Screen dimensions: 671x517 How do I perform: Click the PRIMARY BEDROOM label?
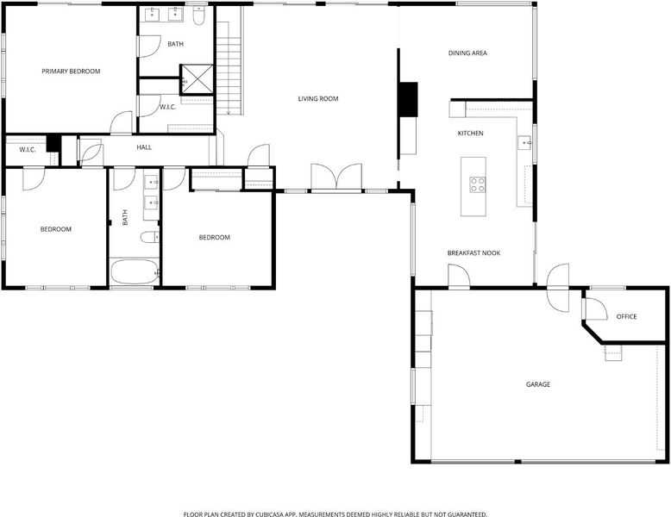click(x=71, y=72)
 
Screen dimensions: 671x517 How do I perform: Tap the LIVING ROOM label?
click(x=318, y=99)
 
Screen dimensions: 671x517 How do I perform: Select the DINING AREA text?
click(x=467, y=53)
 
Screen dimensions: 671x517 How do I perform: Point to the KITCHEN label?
click(x=471, y=134)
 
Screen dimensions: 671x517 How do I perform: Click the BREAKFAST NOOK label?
click(x=473, y=253)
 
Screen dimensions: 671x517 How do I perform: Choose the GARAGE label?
click(x=538, y=384)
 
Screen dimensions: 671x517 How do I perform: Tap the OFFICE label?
click(x=626, y=317)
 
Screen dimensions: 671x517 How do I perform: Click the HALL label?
click(x=144, y=147)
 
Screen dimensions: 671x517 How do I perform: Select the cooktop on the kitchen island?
click(x=478, y=184)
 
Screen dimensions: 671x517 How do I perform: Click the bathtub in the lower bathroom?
click(x=135, y=271)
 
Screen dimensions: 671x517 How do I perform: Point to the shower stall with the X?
click(x=197, y=79)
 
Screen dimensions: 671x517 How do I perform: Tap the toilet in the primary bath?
click(x=198, y=16)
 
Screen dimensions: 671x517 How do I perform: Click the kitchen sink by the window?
click(x=524, y=142)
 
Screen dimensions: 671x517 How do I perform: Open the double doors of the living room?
click(x=336, y=177)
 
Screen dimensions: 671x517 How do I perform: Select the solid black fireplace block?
click(x=408, y=100)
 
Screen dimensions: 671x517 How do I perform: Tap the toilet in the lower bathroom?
click(x=150, y=237)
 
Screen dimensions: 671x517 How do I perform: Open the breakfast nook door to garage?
click(x=459, y=277)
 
